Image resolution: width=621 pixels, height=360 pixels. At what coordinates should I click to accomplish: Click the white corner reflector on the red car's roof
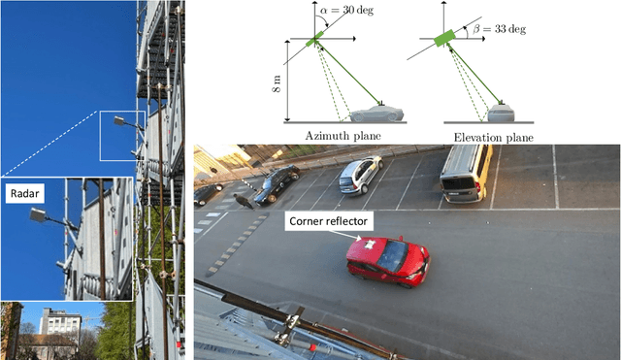coord(368,242)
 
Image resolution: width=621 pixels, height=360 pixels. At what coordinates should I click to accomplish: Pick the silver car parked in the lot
coord(359,175)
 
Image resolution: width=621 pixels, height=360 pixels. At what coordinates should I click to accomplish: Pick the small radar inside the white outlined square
coord(121,122)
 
